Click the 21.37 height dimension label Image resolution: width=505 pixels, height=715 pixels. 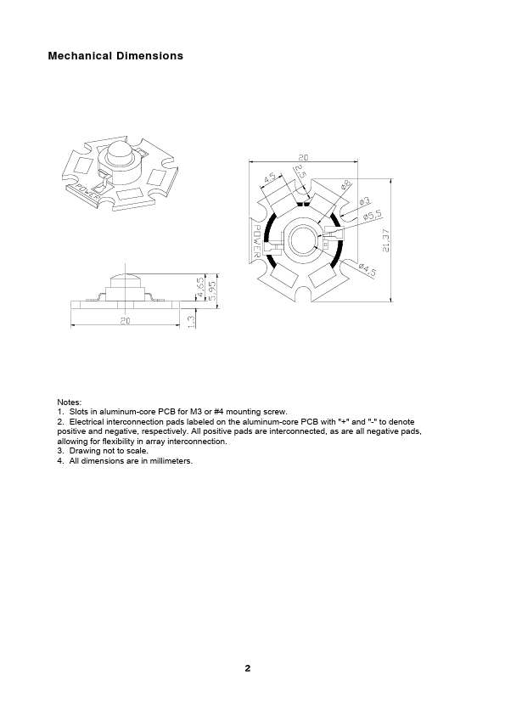click(386, 240)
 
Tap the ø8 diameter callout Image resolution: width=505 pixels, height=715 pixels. click(346, 185)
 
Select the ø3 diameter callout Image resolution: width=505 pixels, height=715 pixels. click(365, 201)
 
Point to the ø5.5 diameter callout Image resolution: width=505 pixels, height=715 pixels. click(373, 215)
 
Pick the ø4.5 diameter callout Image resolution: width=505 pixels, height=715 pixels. click(368, 269)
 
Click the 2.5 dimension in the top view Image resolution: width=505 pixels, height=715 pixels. click(300, 173)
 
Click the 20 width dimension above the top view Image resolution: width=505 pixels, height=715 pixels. click(303, 157)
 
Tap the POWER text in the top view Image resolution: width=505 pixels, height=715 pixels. click(256, 241)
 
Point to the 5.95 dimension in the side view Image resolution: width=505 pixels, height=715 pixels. click(212, 290)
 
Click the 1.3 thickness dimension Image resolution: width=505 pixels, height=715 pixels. click(192, 321)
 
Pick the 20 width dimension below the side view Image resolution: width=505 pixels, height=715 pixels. click(126, 321)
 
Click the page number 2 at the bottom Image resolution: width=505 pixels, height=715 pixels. click(248, 668)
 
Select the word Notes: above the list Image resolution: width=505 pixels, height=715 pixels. click(70, 403)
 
